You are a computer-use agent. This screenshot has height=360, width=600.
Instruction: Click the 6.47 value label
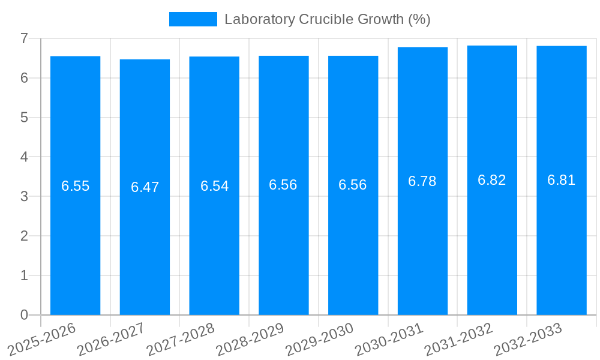145,187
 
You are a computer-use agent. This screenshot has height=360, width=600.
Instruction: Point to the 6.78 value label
422,181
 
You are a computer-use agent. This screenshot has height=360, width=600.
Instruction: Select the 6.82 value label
492,180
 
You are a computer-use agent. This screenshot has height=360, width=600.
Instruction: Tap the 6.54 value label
214,186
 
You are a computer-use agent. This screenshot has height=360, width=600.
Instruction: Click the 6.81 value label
562,180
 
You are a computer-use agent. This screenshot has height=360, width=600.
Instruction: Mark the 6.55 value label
75,186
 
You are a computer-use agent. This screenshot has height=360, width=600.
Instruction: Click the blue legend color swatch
193,19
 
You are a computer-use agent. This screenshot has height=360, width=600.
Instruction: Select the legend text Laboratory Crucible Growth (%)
328,19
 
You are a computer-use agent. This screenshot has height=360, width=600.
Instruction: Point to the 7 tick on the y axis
24,38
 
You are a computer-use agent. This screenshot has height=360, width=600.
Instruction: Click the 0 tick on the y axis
24,315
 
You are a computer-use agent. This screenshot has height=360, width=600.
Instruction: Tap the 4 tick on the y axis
24,157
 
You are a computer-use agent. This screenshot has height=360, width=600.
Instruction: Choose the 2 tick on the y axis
24,236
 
